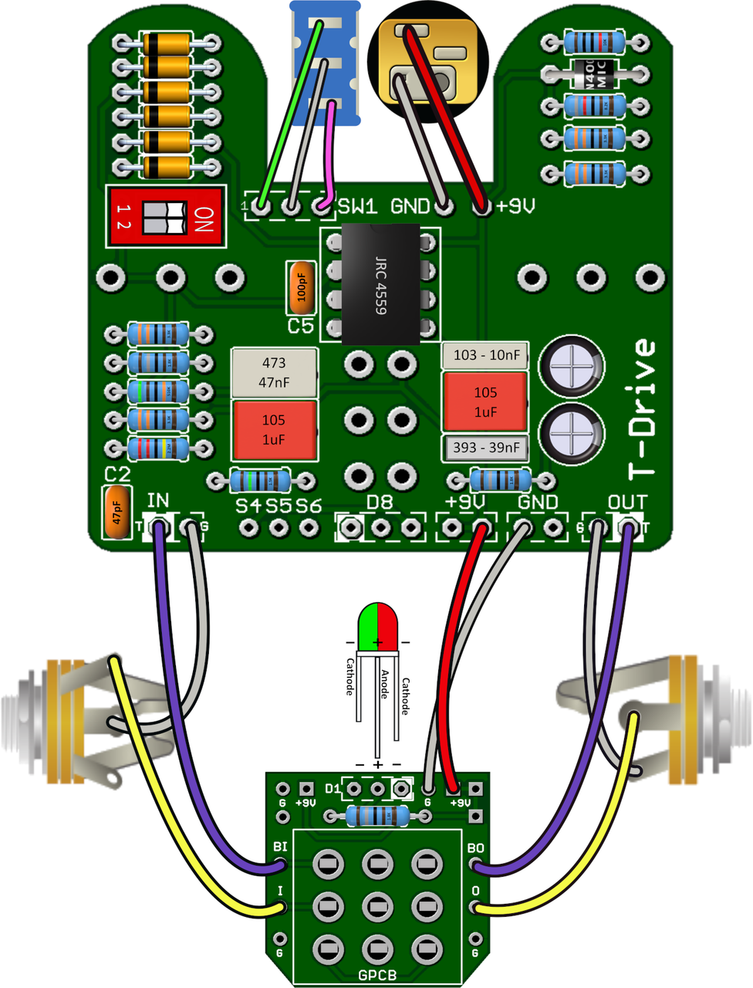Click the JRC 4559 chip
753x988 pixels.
pyautogui.click(x=381, y=284)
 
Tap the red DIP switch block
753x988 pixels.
pyautogui.click(x=166, y=217)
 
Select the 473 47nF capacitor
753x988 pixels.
pyautogui.click(x=274, y=372)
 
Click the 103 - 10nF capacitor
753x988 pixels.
pyautogui.click(x=485, y=355)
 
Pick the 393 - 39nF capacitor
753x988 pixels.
pyautogui.click(x=485, y=448)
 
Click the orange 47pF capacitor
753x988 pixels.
pyautogui.click(x=116, y=512)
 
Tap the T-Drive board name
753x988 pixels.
pyautogui.click(x=641, y=409)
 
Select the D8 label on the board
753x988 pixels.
pyautogui.click(x=379, y=502)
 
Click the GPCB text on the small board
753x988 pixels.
pyautogui.click(x=377, y=975)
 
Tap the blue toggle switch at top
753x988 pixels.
pyautogui.click(x=325, y=62)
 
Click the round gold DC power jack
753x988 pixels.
pyautogui.click(x=428, y=60)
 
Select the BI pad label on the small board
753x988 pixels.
pyautogui.click(x=280, y=847)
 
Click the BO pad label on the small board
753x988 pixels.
pyautogui.click(x=475, y=848)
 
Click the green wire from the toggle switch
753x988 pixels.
pyautogui.click(x=289, y=116)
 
